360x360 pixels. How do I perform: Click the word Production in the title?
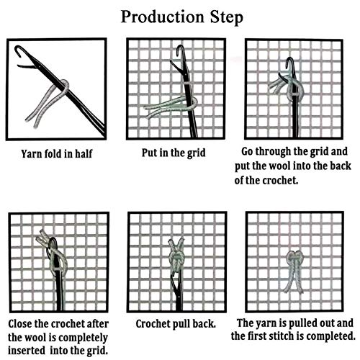[x=163, y=17]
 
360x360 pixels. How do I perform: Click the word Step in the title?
[x=227, y=18]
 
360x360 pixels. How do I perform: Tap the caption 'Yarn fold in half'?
[x=57, y=154]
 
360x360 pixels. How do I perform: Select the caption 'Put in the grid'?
[x=174, y=153]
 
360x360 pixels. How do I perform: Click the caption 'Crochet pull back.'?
[x=176, y=324]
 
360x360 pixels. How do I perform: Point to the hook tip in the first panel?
[x=17, y=49]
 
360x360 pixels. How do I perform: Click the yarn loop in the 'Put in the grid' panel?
[x=192, y=103]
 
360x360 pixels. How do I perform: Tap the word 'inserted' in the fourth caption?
[x=27, y=351]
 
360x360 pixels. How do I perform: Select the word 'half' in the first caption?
[x=84, y=153]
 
